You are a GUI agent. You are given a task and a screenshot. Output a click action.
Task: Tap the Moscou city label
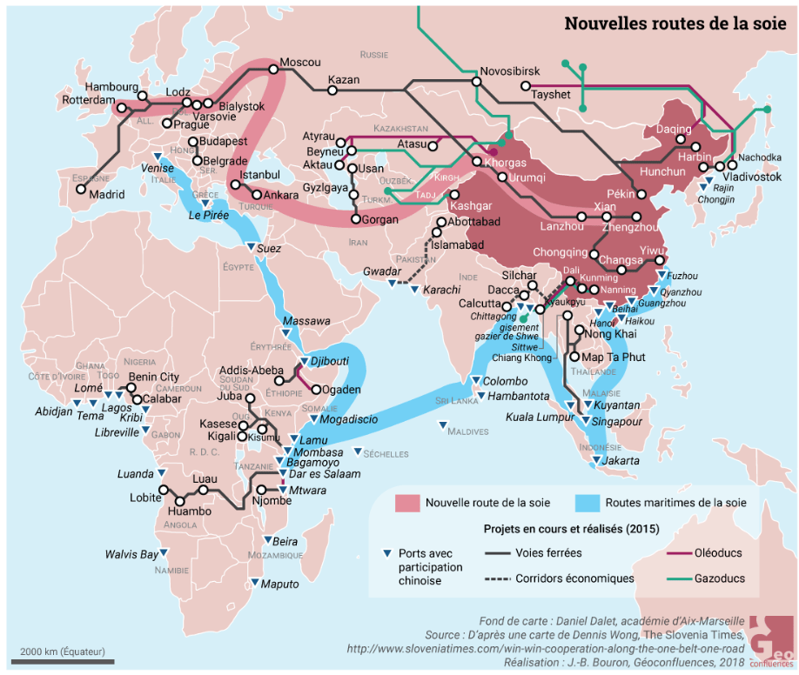click(300, 63)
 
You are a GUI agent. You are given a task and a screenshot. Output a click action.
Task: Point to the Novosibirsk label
click(509, 70)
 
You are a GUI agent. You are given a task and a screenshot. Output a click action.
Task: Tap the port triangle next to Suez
click(251, 249)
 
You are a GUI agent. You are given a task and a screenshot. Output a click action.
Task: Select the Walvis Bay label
click(132, 554)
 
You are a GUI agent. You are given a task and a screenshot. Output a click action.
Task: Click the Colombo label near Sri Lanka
click(506, 381)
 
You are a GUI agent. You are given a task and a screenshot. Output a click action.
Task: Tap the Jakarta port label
click(621, 460)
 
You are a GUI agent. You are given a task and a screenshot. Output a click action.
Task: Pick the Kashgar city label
click(471, 206)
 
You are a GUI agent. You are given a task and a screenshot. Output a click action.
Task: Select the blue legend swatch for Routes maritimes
click(587, 503)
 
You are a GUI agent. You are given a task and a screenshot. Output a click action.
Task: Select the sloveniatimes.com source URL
click(547, 648)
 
